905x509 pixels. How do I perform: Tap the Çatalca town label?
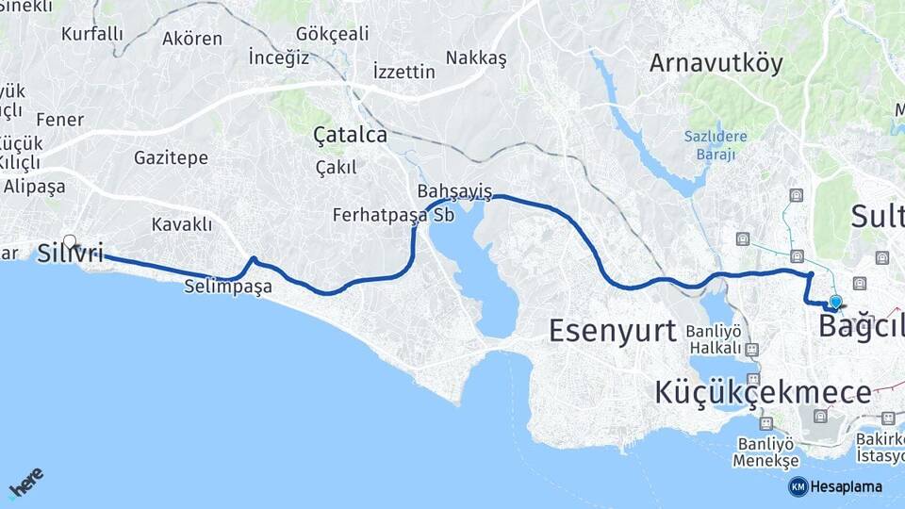(x=350, y=136)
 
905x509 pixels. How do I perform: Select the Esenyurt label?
(x=613, y=331)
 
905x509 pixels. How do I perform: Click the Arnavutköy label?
(x=716, y=63)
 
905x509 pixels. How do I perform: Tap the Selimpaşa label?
(x=228, y=286)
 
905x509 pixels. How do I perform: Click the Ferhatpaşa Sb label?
(x=393, y=215)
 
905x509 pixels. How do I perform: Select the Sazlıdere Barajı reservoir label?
(x=716, y=145)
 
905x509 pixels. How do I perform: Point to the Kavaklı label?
(x=181, y=224)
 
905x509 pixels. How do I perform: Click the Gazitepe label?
(x=171, y=157)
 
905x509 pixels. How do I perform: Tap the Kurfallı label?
(x=92, y=34)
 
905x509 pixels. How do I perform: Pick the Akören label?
(x=192, y=39)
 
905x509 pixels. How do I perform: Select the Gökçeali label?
(x=332, y=34)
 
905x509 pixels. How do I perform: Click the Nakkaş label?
(x=476, y=58)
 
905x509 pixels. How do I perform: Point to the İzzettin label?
(x=403, y=72)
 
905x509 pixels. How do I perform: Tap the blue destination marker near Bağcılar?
(x=834, y=302)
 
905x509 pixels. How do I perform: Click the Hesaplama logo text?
(x=845, y=486)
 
